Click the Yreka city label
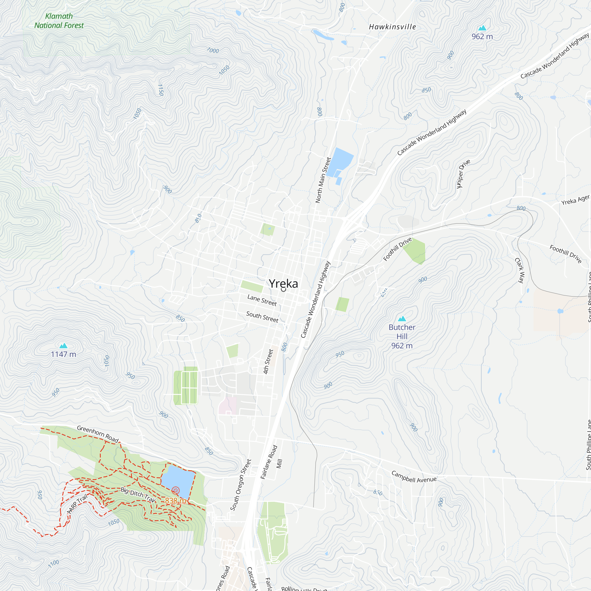pyautogui.click(x=283, y=284)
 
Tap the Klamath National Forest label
pyautogui.click(x=59, y=21)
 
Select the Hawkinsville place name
pyautogui.click(x=392, y=27)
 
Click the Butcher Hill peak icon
pyautogui.click(x=402, y=319)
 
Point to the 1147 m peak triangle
pyautogui.click(x=63, y=346)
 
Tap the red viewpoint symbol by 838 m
pyautogui.click(x=175, y=491)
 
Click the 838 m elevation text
pyautogui.click(x=175, y=501)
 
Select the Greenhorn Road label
pyautogui.click(x=98, y=434)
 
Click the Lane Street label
pyautogui.click(x=262, y=300)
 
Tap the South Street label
pyautogui.click(x=262, y=317)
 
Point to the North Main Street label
pyautogui.click(x=323, y=180)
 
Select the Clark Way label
pyautogui.click(x=520, y=270)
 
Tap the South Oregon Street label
pyautogui.click(x=241, y=485)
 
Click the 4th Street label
pyautogui.click(x=268, y=362)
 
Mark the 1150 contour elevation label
pyautogui.click(x=160, y=90)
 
